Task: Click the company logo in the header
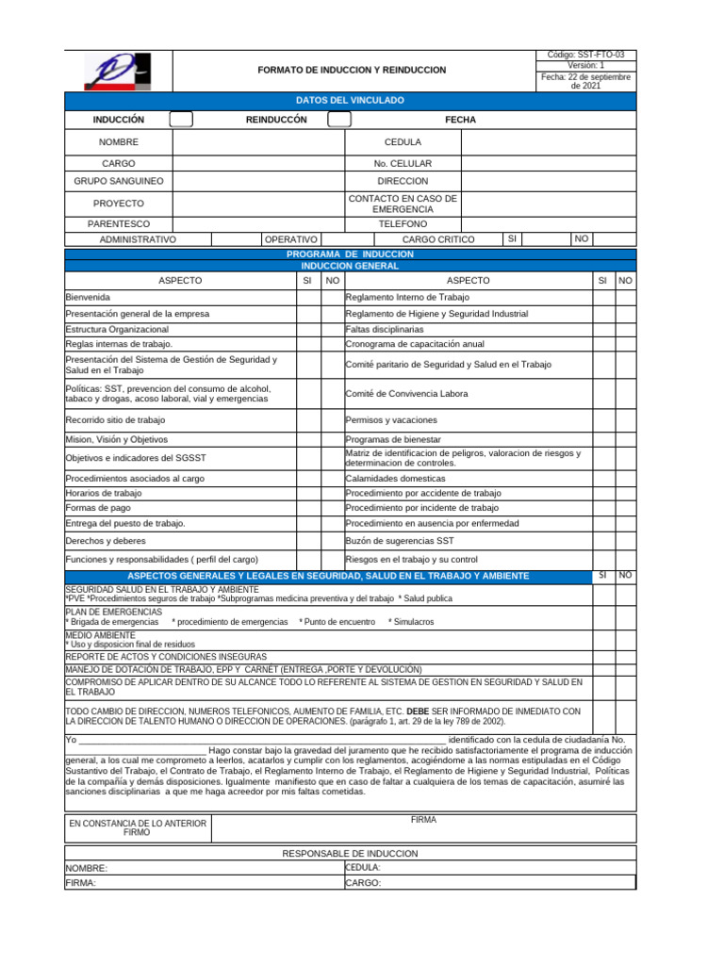118,71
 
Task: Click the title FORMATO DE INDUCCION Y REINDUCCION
352,70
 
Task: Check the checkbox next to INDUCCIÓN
181,120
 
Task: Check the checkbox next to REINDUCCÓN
339,120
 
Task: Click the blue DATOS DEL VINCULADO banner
350,99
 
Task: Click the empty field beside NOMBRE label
258,142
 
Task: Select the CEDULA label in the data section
403,142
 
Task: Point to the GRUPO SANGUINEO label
119,180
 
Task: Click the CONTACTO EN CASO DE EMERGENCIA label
403,204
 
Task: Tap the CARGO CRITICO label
438,240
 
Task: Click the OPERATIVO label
290,240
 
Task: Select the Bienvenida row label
88,297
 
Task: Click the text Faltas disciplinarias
385,330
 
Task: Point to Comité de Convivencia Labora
406,394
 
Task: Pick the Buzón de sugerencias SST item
400,541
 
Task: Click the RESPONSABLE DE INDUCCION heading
350,853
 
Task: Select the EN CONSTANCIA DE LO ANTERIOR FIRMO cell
138,828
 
